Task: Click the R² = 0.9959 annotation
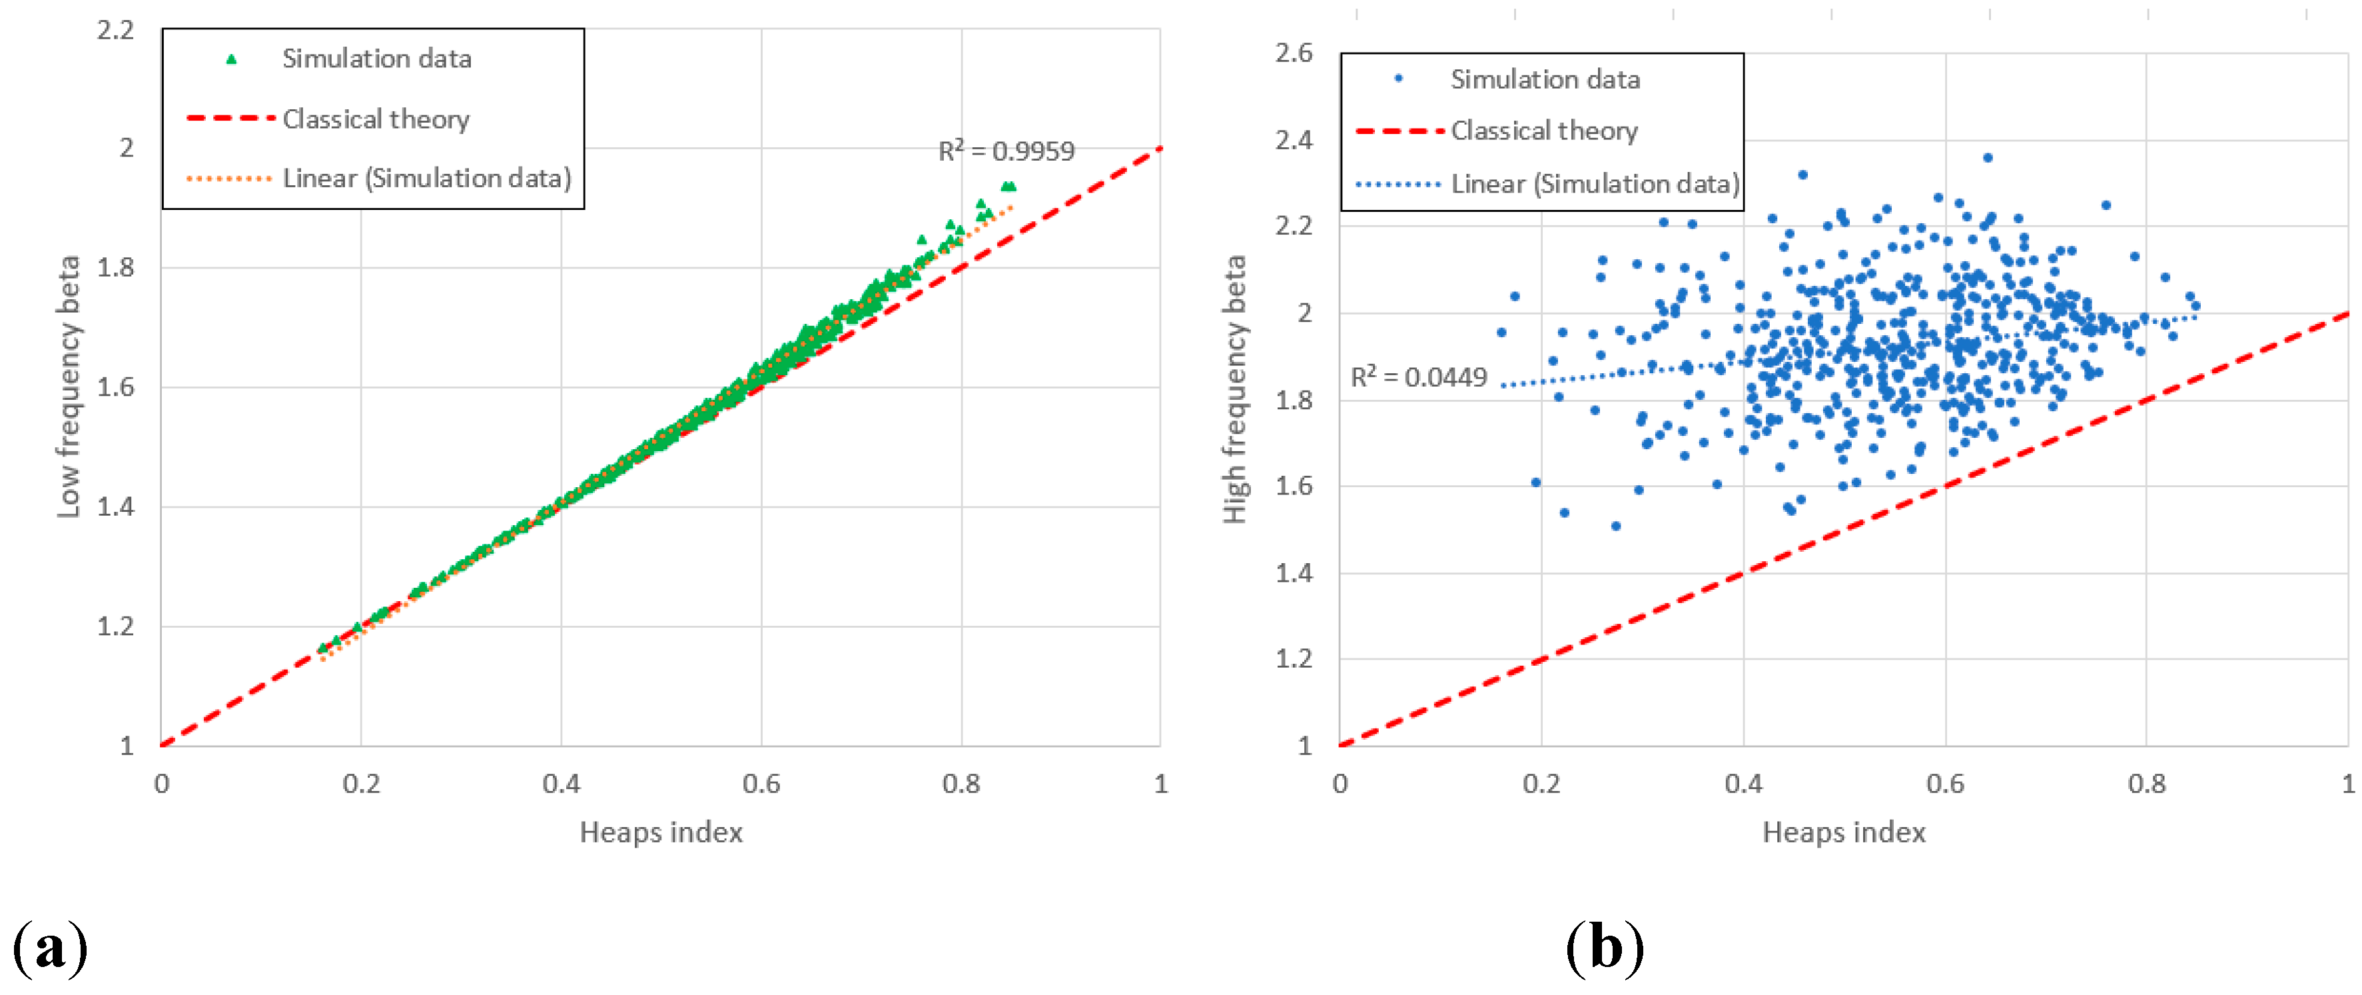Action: click(1006, 151)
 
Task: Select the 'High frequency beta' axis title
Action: click(1235, 390)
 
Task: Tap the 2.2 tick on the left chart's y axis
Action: click(115, 30)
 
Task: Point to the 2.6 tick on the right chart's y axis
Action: click(1293, 53)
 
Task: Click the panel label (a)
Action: click(51, 946)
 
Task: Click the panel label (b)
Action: click(1604, 946)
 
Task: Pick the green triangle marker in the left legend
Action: click(231, 59)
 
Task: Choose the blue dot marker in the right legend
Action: click(1398, 79)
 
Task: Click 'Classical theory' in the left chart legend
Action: click(376, 119)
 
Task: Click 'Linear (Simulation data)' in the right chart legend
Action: click(1595, 185)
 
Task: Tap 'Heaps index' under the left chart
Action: click(660, 832)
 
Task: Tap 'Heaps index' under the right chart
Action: click(1843, 832)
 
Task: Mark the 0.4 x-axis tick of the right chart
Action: click(1743, 784)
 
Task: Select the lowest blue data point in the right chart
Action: click(1615, 526)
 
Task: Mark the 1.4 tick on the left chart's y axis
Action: click(115, 506)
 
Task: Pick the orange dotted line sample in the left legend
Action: click(229, 178)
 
